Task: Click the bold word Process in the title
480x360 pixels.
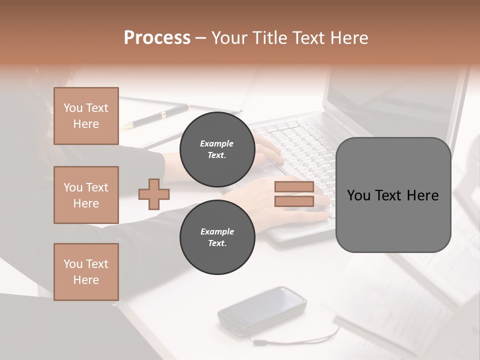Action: tap(157, 38)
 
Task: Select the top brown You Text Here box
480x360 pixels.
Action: tap(86, 115)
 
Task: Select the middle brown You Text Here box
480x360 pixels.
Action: tap(86, 195)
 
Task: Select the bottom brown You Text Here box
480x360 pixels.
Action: tap(86, 271)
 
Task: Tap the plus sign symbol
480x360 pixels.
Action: tap(153, 194)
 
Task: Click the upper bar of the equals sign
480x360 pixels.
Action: tap(294, 187)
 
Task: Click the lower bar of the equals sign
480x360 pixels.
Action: tap(294, 201)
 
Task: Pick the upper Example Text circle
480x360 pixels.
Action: tap(217, 149)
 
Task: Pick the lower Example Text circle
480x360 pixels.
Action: tap(217, 237)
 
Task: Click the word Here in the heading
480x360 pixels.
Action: tap(349, 38)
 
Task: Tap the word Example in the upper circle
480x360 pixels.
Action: tap(217, 143)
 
